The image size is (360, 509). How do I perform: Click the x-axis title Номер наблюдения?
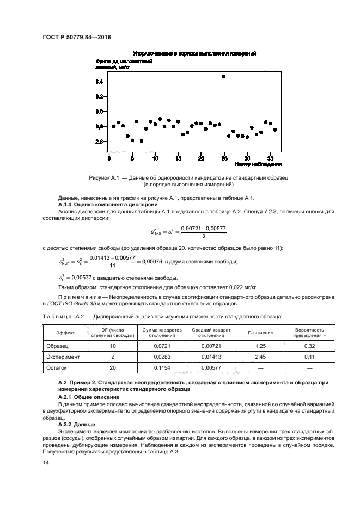pos(258,164)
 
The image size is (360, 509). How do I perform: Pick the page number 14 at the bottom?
pos(45,462)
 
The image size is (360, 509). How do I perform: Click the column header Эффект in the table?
pos(66,333)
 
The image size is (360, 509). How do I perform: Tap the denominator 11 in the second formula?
pos(112,266)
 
